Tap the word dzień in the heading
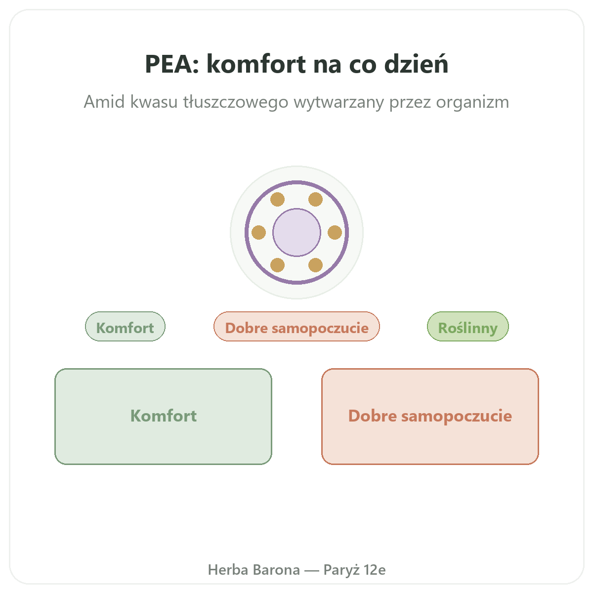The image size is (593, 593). click(x=417, y=63)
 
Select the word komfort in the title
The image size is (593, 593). click(x=256, y=63)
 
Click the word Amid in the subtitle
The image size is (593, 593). click(x=104, y=102)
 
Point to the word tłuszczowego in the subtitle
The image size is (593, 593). click(x=236, y=102)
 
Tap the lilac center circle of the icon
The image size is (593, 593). click(x=296, y=232)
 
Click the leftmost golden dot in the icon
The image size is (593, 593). click(x=258, y=232)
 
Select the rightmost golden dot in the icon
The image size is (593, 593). click(x=335, y=232)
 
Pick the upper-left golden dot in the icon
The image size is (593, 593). click(x=278, y=200)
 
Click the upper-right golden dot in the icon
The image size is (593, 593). click(x=315, y=200)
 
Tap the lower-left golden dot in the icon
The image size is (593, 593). click(x=278, y=265)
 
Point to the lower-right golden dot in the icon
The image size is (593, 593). click(x=315, y=265)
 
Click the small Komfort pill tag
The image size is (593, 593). click(x=125, y=327)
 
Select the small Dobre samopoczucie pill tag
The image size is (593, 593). click(x=296, y=327)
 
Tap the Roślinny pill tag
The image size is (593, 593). click(x=468, y=327)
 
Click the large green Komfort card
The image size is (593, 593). click(x=164, y=417)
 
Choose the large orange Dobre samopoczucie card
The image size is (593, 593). click(x=430, y=417)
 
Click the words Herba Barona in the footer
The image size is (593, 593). click(x=254, y=570)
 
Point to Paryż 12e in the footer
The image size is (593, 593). click(x=354, y=570)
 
